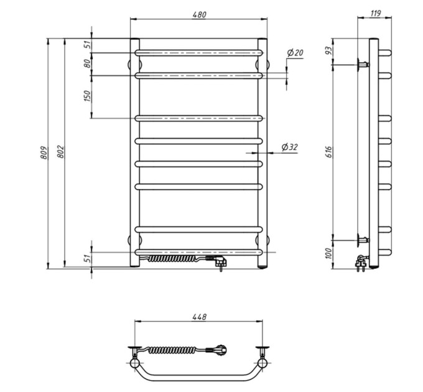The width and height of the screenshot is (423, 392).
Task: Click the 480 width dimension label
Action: click(199, 14)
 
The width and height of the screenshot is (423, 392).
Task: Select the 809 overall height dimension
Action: click(45, 152)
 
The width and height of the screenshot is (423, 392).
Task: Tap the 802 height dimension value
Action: click(61, 152)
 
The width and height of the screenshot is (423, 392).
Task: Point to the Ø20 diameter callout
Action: click(295, 53)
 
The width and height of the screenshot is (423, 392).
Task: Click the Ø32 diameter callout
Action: click(289, 147)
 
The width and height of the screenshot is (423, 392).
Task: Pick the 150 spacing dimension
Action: click(88, 96)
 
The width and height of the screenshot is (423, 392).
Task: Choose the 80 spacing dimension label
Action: click(88, 63)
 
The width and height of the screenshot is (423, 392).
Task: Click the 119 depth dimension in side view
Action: click(375, 13)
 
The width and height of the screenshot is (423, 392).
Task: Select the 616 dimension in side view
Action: click(329, 152)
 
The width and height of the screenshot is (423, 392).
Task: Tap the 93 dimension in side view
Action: click(328, 50)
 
